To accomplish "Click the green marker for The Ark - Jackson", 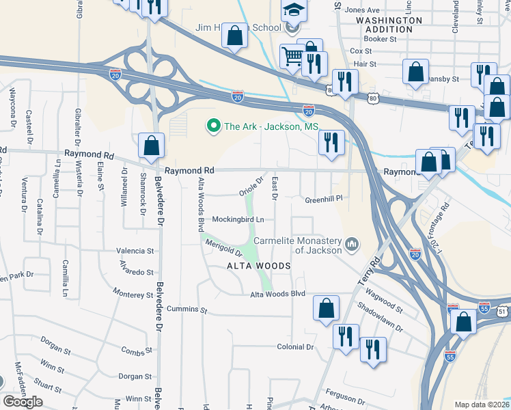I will [213, 126].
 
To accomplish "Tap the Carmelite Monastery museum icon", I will [353, 244].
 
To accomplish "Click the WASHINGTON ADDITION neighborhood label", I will [389, 25].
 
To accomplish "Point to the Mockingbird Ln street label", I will [238, 219].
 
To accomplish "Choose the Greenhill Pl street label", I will [322, 200].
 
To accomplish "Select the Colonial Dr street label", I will [295, 347].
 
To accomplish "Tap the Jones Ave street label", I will [362, 10].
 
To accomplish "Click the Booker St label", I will [383, 40].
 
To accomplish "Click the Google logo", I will [23, 402].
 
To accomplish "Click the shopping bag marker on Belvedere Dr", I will [152, 145].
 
